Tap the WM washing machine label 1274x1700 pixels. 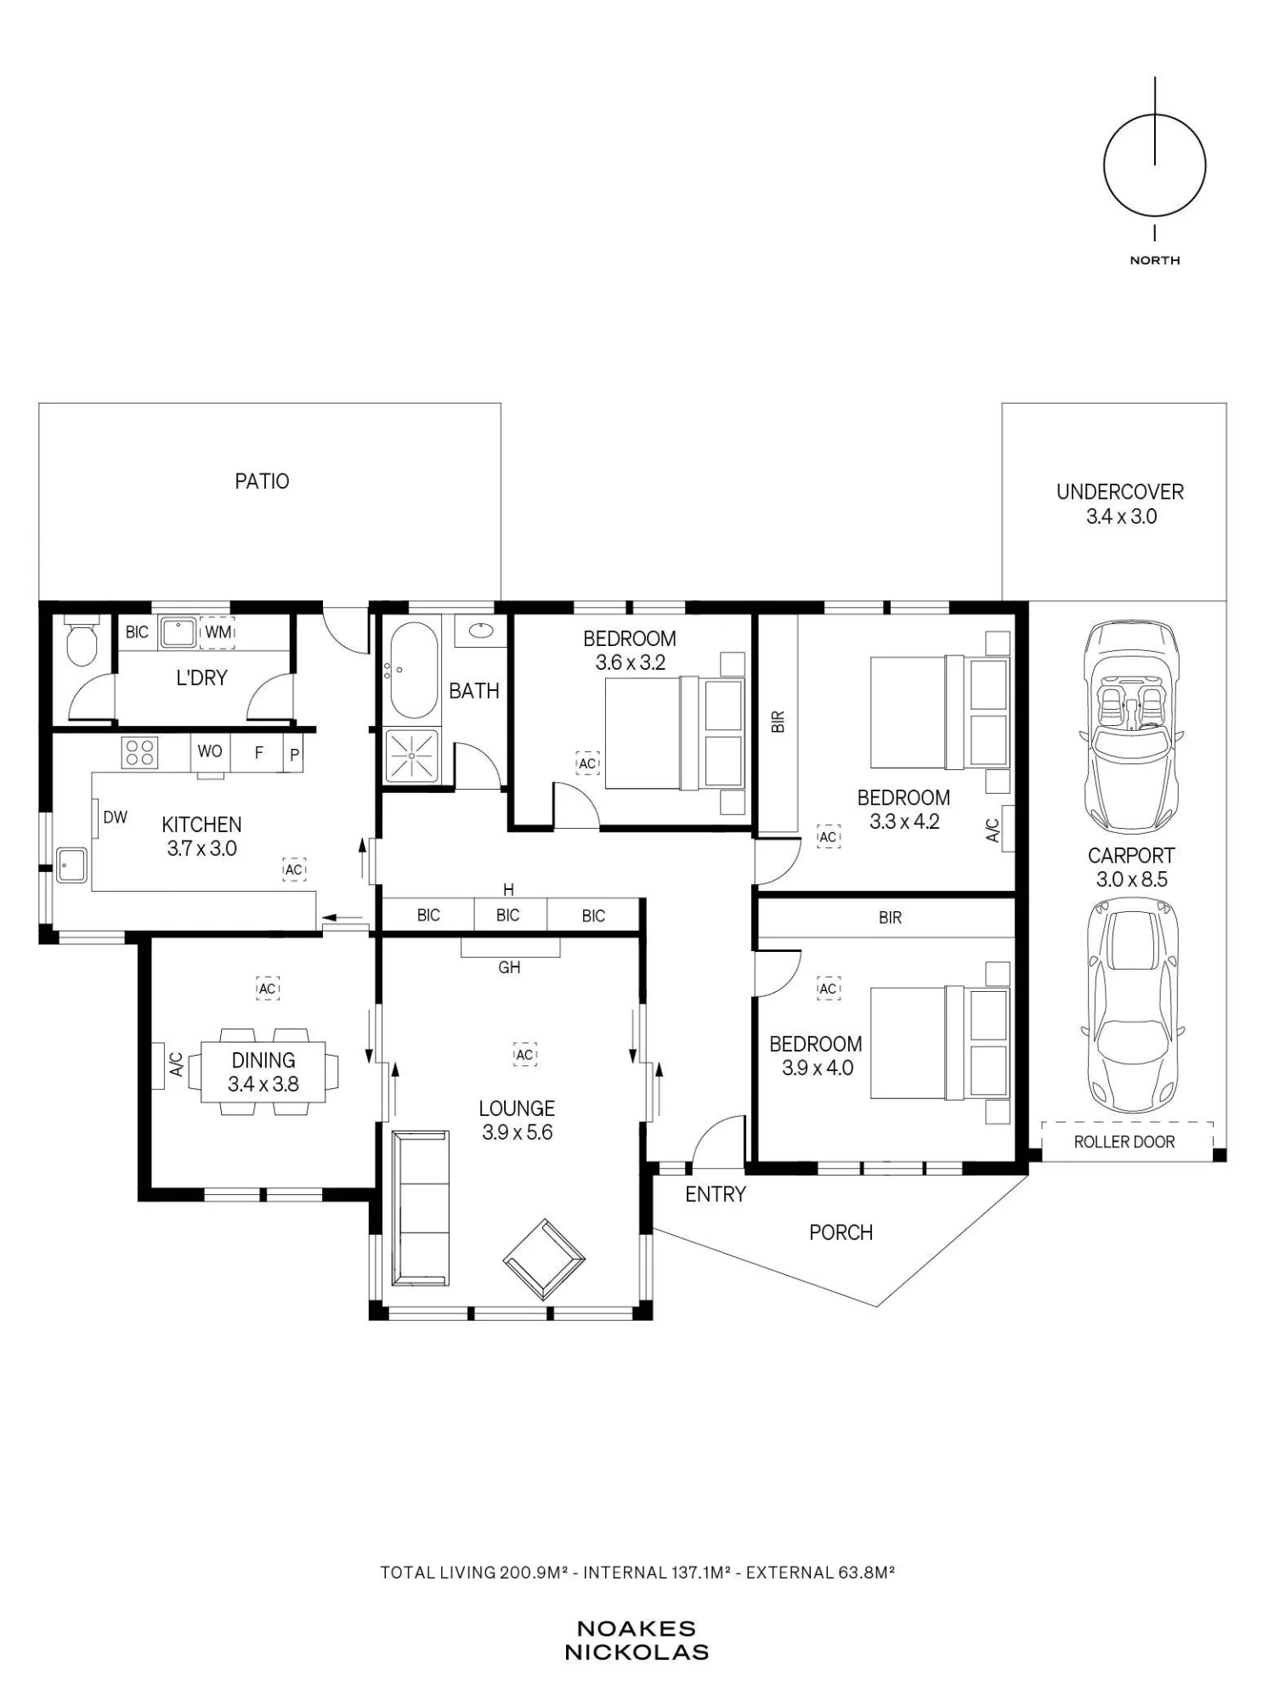218,632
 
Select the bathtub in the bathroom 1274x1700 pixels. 414,671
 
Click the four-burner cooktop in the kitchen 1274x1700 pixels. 140,752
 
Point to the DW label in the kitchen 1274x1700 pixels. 115,818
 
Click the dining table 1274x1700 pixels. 263,1072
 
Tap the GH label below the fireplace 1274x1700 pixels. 509,967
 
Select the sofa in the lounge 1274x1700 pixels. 420,1207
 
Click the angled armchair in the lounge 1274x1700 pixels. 544,1260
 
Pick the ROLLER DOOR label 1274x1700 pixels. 1124,1142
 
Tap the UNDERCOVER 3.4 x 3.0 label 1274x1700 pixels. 1120,504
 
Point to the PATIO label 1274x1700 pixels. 262,481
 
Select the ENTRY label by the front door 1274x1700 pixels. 716,1194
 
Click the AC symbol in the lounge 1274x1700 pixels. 524,1055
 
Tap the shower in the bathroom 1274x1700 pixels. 412,755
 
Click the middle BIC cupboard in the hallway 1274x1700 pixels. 507,915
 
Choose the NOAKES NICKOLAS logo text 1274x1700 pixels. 637,1640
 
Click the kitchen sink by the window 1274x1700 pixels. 71,866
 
